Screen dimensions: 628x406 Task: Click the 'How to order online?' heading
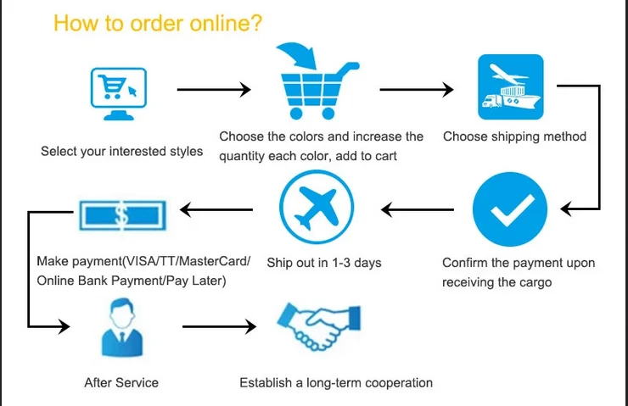pyautogui.click(x=158, y=23)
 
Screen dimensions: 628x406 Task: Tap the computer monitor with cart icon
pyautogui.click(x=119, y=88)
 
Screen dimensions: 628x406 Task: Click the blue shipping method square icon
pyautogui.click(x=510, y=86)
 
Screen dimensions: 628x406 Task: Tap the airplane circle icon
pyautogui.click(x=316, y=207)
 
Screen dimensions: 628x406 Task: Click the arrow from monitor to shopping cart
pyautogui.click(x=213, y=89)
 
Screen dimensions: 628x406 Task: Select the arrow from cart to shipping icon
pyautogui.click(x=418, y=89)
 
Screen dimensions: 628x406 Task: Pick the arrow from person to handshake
pyautogui.click(x=218, y=325)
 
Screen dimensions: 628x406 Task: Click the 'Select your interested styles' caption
pyautogui.click(x=122, y=152)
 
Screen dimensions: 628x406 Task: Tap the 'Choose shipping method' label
pyautogui.click(x=514, y=136)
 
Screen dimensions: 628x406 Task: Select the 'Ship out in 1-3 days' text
pyautogui.click(x=324, y=263)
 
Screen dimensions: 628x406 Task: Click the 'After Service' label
pyautogui.click(x=121, y=383)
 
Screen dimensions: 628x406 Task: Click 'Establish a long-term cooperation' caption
pyautogui.click(x=336, y=383)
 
